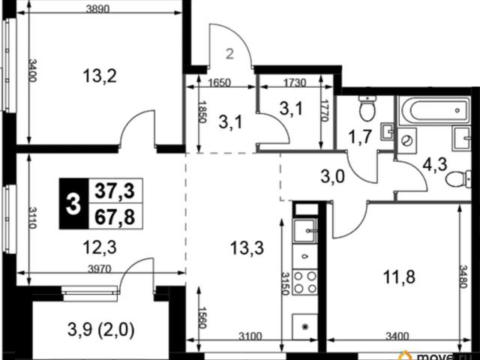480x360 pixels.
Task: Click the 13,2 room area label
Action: click(100, 76)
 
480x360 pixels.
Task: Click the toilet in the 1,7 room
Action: click(367, 108)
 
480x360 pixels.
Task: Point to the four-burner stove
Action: click(305, 283)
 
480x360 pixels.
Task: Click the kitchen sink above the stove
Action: click(305, 231)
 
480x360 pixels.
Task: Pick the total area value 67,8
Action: click(115, 217)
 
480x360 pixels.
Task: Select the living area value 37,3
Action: click(115, 192)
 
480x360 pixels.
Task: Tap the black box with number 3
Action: click(73, 204)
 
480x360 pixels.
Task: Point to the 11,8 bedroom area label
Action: click(399, 277)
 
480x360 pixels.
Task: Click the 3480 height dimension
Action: click(463, 277)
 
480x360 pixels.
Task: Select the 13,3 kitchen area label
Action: click(247, 247)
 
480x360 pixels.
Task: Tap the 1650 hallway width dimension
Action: click(220, 82)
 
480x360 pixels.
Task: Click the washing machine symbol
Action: click(407, 140)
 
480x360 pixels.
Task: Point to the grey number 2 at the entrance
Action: click(229, 54)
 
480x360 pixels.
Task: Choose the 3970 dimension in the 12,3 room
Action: click(100, 269)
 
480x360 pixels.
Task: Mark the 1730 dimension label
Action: click(295, 82)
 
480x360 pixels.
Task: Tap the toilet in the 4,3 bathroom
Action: click(458, 178)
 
